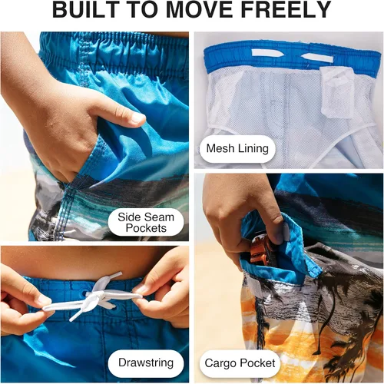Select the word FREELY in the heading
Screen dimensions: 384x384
tap(286, 9)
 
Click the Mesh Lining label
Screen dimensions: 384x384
tap(237, 148)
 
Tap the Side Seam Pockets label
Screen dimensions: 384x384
tap(146, 223)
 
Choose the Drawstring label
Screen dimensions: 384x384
tap(146, 362)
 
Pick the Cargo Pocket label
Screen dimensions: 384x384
tap(240, 363)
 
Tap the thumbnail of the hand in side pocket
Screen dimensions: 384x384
tap(138, 118)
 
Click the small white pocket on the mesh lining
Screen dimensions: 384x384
tap(337, 93)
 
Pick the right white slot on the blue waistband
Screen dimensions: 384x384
tap(317, 58)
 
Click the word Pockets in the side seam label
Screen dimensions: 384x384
tap(146, 228)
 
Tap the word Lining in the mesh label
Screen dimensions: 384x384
tap(253, 149)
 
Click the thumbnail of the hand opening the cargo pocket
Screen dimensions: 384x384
tap(283, 232)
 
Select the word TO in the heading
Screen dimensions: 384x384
tap(144, 9)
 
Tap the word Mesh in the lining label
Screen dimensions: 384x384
tap(220, 148)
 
